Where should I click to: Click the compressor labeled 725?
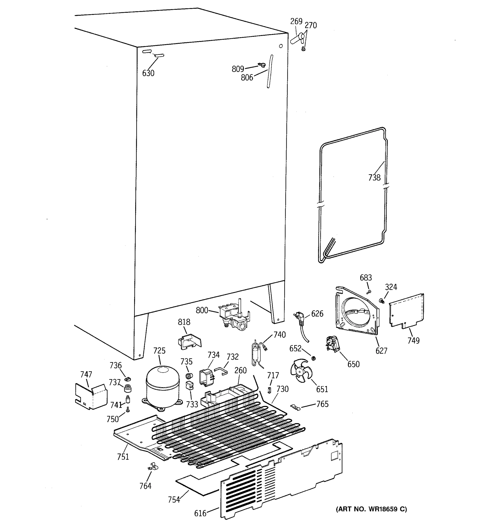click(162, 387)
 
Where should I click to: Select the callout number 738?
click(374, 178)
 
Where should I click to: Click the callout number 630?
click(148, 73)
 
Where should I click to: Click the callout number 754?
click(174, 499)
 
